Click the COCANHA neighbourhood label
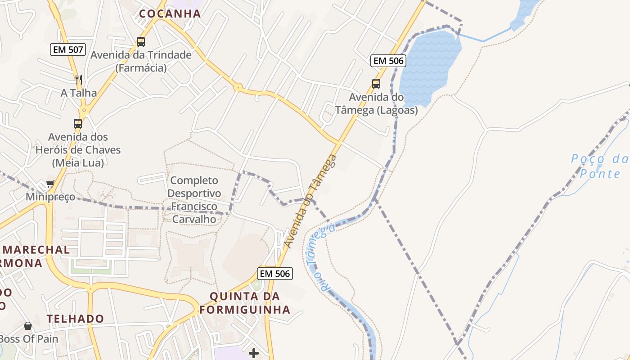(170, 13)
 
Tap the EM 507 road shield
(68, 49)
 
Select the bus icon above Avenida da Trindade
(141, 42)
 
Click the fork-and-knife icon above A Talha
(79, 80)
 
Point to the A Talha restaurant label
(79, 93)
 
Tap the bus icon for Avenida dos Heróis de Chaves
(78, 123)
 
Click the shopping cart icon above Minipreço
(50, 184)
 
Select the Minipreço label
(50, 197)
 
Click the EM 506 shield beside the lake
(388, 60)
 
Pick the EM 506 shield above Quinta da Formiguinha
(275, 273)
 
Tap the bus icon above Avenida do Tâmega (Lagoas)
(376, 83)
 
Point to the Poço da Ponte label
(599, 166)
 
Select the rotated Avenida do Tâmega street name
(310, 201)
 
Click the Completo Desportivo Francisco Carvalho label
(194, 200)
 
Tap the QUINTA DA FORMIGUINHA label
(245, 303)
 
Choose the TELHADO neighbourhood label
(75, 319)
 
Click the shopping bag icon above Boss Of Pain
(28, 325)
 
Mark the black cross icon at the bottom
(254, 353)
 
